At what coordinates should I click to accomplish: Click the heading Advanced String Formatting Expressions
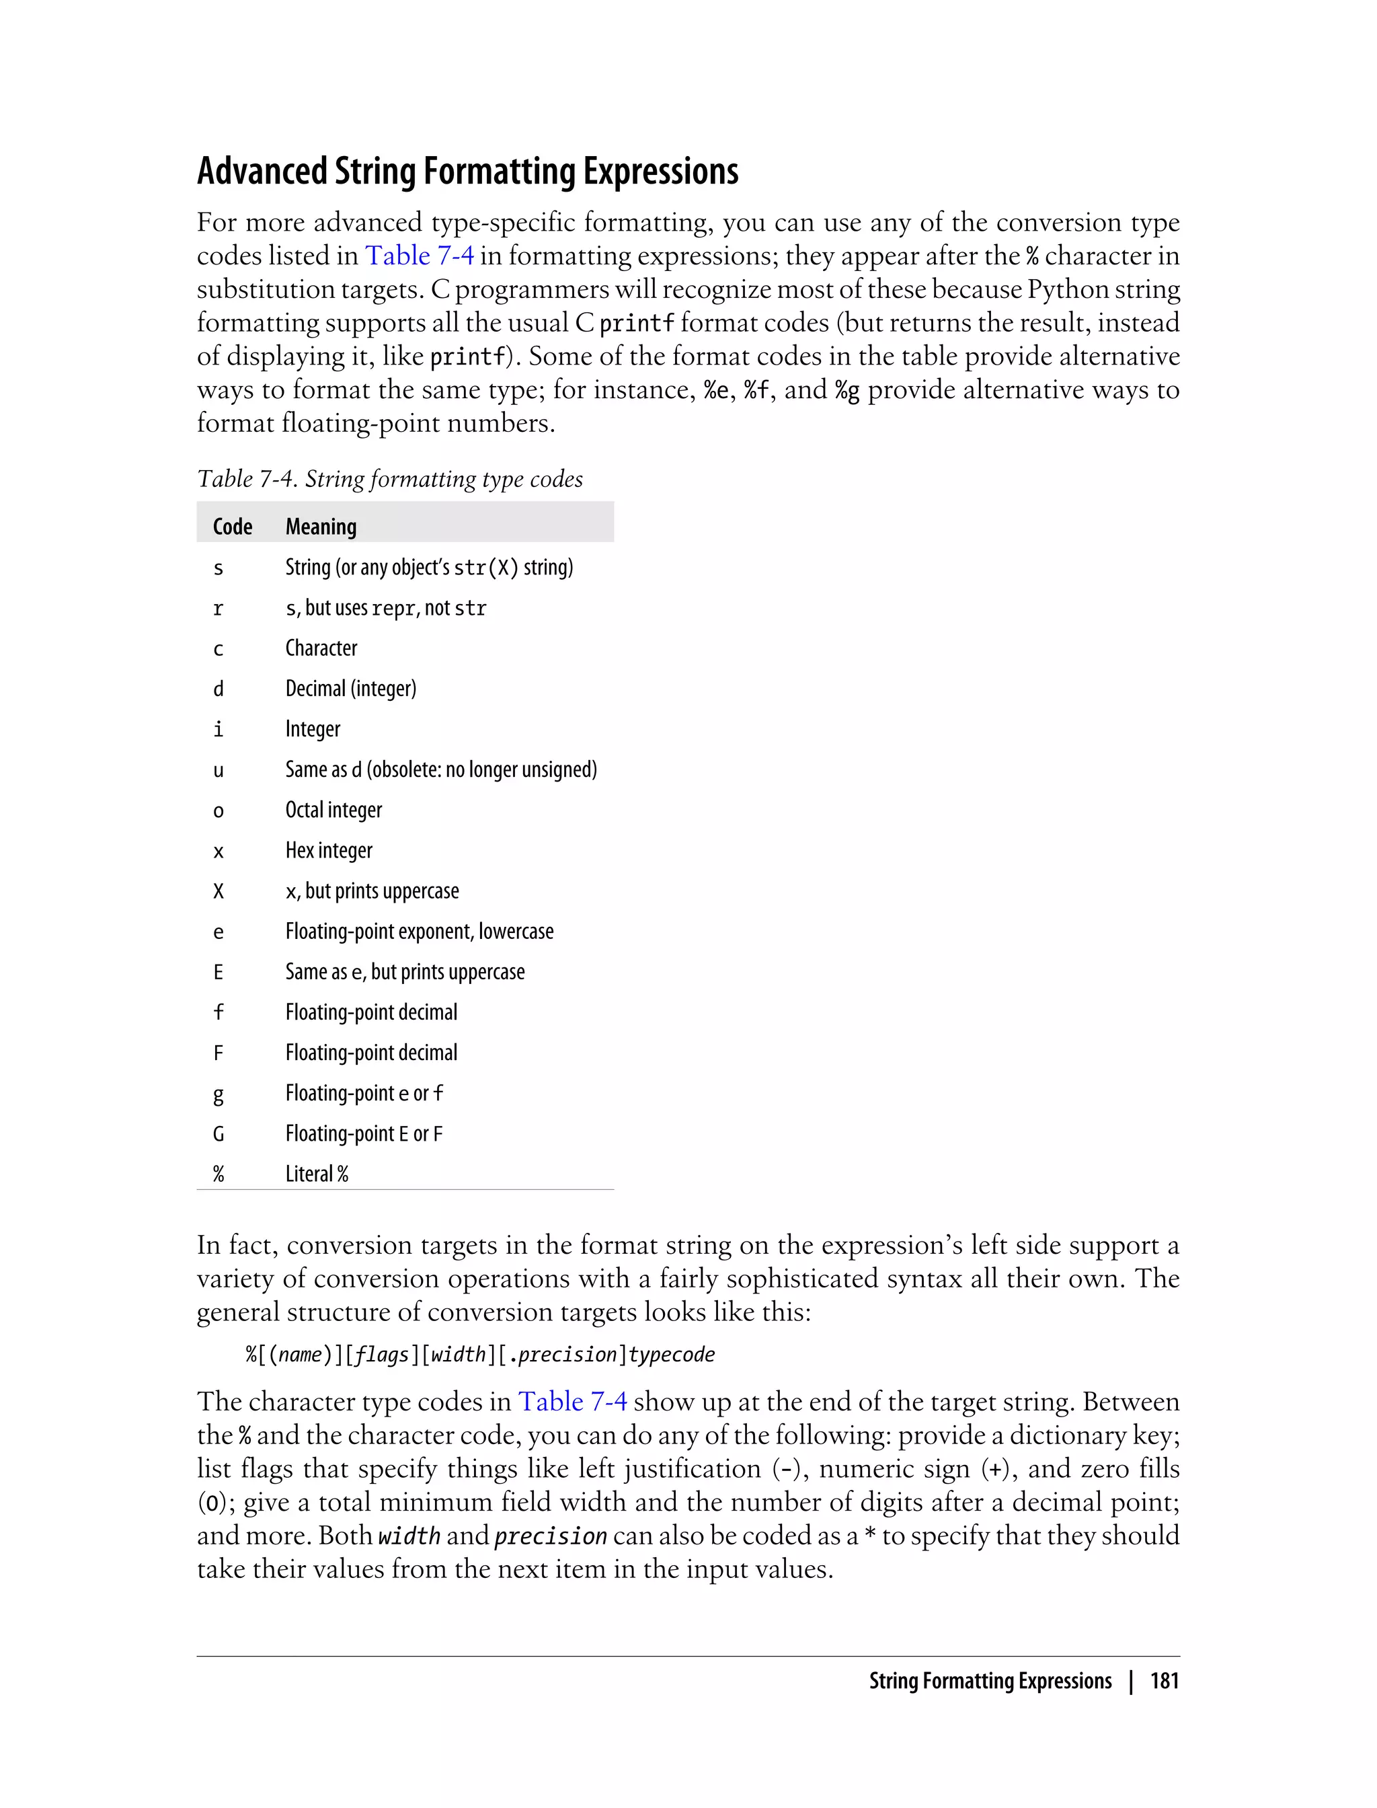[x=467, y=172]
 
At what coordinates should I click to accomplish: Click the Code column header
[x=232, y=527]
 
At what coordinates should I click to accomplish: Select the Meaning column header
[x=321, y=527]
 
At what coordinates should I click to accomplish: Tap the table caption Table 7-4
[x=389, y=479]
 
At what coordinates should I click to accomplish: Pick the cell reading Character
[x=321, y=648]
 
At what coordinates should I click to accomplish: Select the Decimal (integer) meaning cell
[x=351, y=689]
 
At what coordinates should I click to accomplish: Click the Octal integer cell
[x=333, y=810]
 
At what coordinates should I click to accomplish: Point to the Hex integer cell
[x=329, y=850]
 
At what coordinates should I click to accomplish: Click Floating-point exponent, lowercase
[x=419, y=932]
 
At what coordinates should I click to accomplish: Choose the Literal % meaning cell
[x=317, y=1174]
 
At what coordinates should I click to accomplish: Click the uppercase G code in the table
[x=218, y=1134]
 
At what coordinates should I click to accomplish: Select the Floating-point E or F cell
[x=363, y=1134]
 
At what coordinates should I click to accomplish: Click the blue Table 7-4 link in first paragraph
[x=419, y=256]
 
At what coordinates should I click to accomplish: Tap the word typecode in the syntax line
[x=671, y=1355]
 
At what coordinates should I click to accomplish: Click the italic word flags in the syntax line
[x=381, y=1355]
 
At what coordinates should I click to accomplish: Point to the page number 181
[x=1164, y=1682]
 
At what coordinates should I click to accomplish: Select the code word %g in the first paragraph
[x=847, y=390]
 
